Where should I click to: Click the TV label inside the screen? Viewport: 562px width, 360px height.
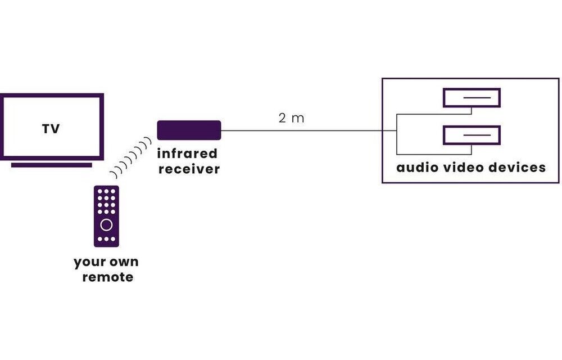(x=51, y=129)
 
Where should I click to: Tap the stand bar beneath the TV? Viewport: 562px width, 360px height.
(x=51, y=165)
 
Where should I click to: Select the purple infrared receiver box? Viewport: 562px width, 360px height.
(x=189, y=130)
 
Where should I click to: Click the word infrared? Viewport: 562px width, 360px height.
(x=187, y=154)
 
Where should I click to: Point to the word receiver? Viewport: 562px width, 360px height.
(x=188, y=169)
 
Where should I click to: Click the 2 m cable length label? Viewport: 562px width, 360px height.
(x=291, y=118)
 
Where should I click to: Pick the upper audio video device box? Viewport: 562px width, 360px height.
(x=472, y=97)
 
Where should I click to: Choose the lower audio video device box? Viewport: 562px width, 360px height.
(x=472, y=135)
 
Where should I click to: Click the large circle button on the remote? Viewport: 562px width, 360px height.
(x=106, y=225)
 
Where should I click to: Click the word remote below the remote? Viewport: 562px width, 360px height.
(x=107, y=277)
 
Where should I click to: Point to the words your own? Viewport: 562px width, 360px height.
(x=106, y=262)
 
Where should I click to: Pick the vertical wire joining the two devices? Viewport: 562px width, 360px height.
(x=396, y=134)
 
